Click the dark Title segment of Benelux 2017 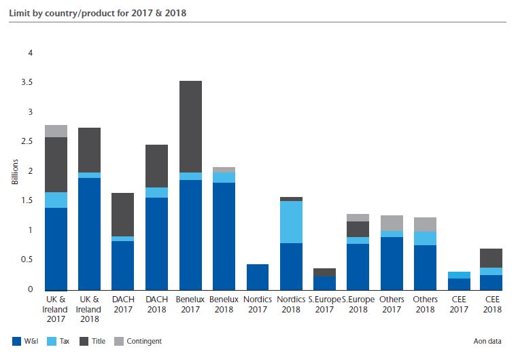[190, 127]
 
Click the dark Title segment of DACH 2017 [123, 215]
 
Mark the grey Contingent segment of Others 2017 [392, 223]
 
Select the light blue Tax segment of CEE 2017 [459, 275]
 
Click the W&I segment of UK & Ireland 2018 [90, 234]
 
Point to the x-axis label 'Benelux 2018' [224, 304]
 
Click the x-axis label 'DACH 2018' [156, 304]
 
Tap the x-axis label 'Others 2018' [425, 304]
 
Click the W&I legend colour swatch [16, 341]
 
